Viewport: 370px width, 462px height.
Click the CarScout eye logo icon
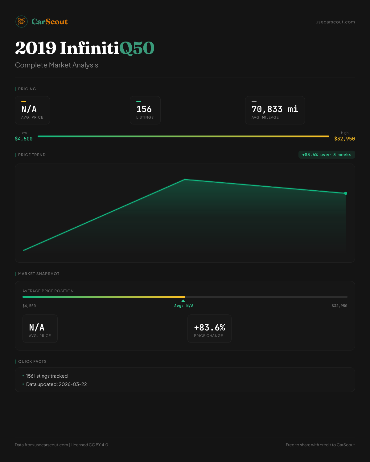pyautogui.click(x=22, y=22)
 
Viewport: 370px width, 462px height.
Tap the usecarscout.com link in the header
pyautogui.click(x=335, y=22)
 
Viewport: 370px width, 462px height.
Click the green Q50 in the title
pyautogui.click(x=137, y=48)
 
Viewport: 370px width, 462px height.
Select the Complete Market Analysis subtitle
pyautogui.click(x=56, y=65)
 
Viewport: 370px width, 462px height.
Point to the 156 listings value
pyautogui.click(x=144, y=109)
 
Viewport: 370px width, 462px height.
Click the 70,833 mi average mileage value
pyautogui.click(x=275, y=109)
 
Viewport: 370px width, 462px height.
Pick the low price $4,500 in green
pyautogui.click(x=24, y=139)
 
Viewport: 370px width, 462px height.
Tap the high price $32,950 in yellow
pyautogui.click(x=344, y=139)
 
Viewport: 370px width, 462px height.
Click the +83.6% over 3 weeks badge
pyautogui.click(x=327, y=155)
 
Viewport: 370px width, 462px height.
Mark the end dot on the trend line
pyautogui.click(x=346, y=193)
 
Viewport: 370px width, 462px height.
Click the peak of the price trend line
pyautogui.click(x=185, y=179)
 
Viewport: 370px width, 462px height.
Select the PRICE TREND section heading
pyautogui.click(x=32, y=155)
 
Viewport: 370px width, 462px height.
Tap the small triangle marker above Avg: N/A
pyautogui.click(x=183, y=301)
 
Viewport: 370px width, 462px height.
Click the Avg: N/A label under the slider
pyautogui.click(x=184, y=306)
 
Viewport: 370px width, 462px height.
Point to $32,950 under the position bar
pyautogui.click(x=339, y=306)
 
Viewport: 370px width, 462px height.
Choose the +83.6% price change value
pyautogui.click(x=209, y=327)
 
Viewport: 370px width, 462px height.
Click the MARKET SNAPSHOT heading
pyautogui.click(x=39, y=274)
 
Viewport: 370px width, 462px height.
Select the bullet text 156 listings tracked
pyautogui.click(x=47, y=376)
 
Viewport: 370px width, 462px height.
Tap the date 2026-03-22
pyautogui.click(x=73, y=384)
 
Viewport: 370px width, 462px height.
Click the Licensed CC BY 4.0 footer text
pyautogui.click(x=89, y=445)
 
